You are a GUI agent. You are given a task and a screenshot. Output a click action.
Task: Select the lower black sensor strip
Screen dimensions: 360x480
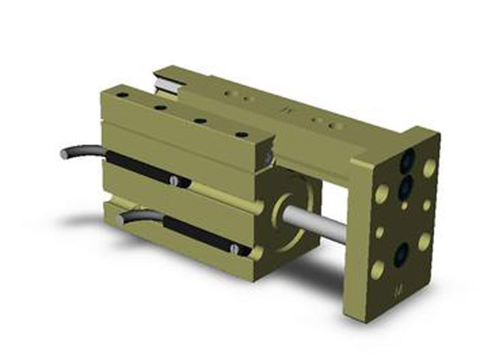pyautogui.click(x=199, y=238)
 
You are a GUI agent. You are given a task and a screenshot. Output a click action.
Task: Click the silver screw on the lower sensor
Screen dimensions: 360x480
pyautogui.click(x=235, y=250)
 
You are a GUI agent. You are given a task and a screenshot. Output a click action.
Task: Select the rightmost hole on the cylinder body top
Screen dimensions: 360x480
pyautogui.click(x=241, y=134)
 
